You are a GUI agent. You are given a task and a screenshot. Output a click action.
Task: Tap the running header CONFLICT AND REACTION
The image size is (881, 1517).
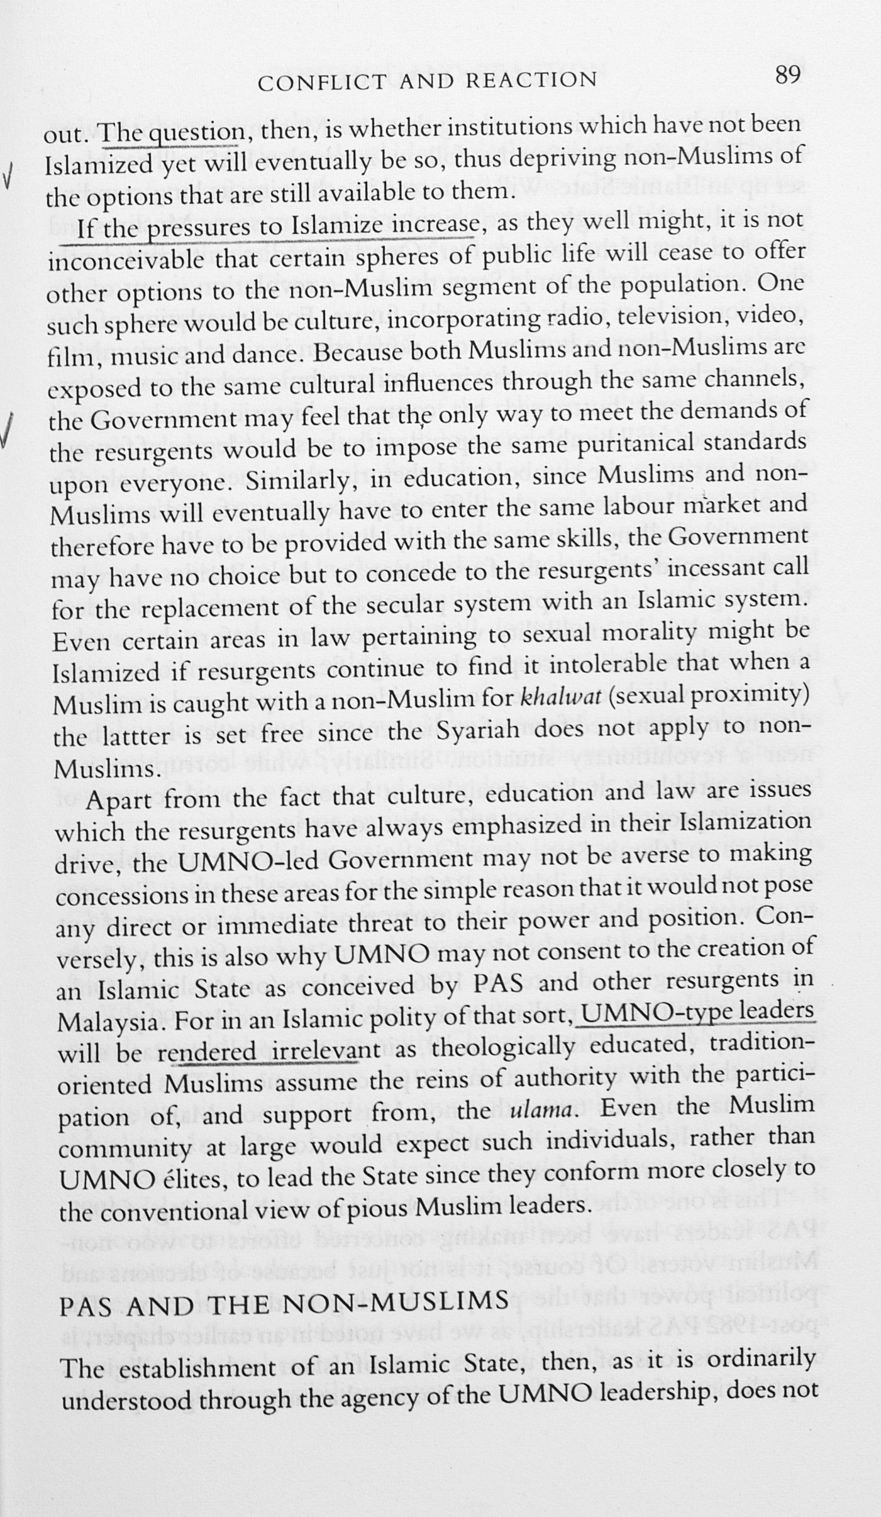[x=427, y=80]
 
